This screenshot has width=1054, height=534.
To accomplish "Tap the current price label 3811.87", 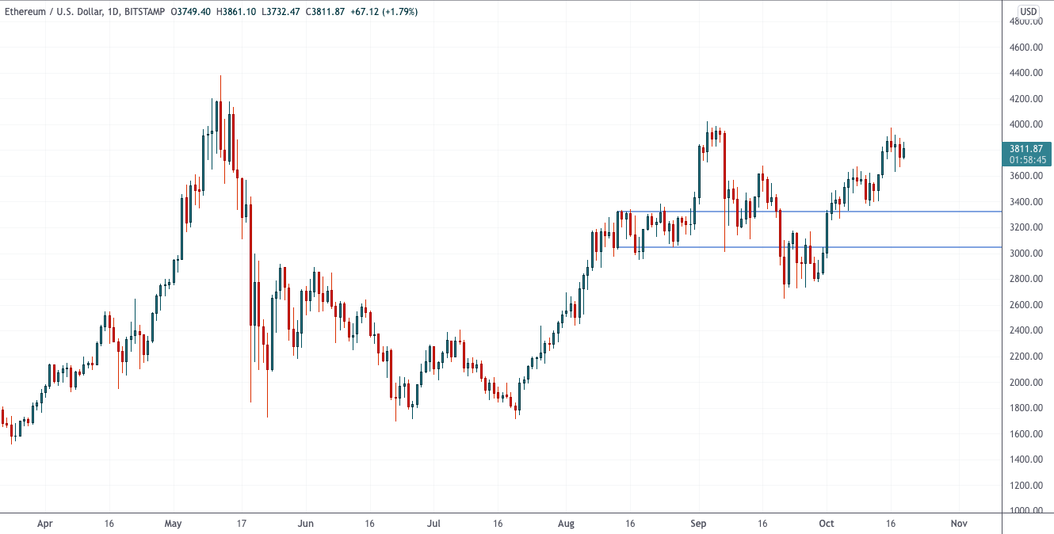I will click(x=1028, y=148).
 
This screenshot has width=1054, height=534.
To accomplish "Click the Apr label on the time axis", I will click(x=45, y=524).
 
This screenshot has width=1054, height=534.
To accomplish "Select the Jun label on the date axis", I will click(x=306, y=524).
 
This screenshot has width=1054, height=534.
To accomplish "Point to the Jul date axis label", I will click(x=433, y=524).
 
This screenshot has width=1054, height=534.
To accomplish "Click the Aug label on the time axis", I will click(x=565, y=524).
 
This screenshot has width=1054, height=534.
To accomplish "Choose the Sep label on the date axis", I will click(x=698, y=524).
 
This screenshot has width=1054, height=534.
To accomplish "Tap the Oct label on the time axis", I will click(x=827, y=524).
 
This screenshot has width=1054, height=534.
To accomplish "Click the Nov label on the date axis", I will click(x=959, y=524).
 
